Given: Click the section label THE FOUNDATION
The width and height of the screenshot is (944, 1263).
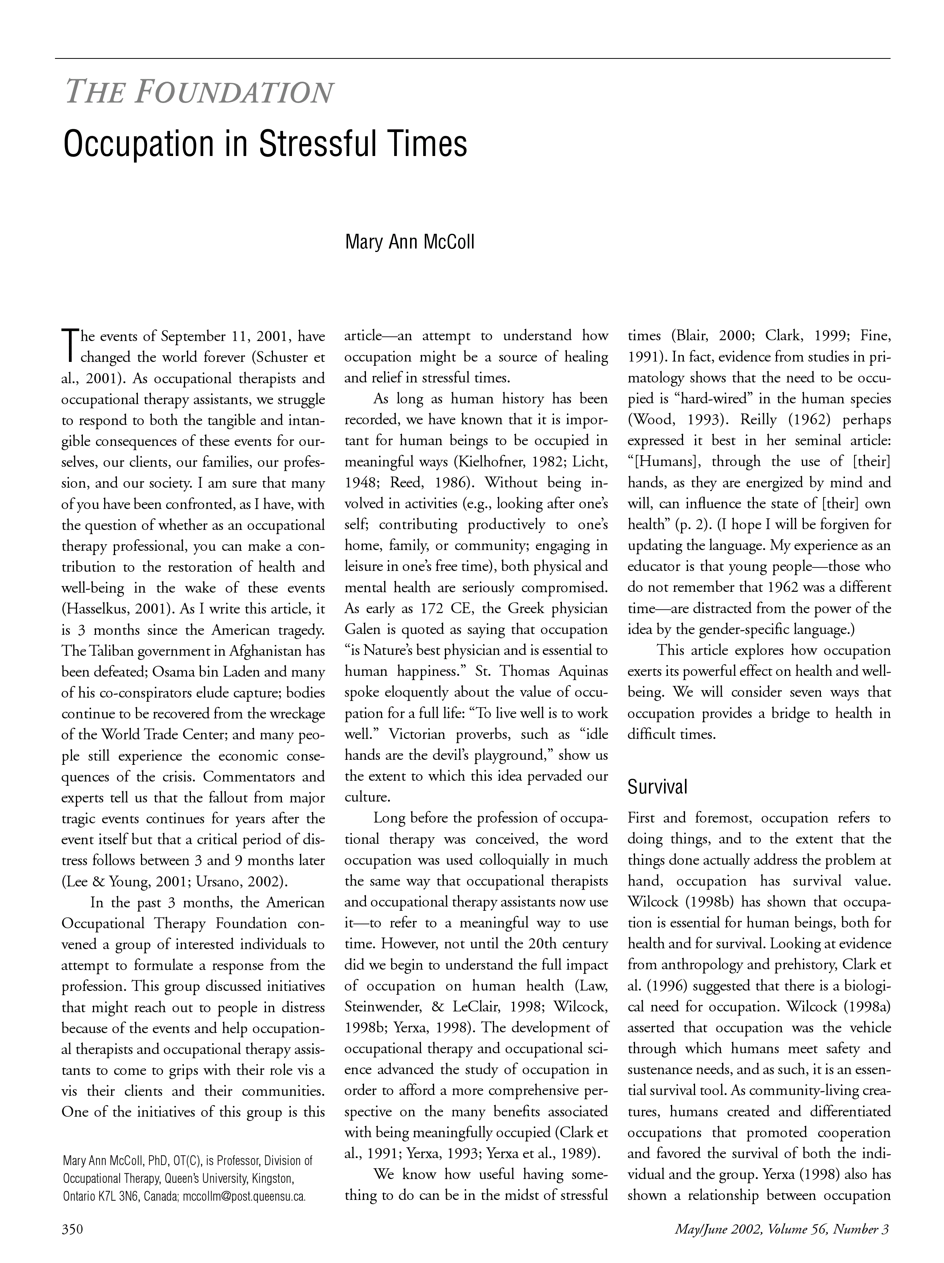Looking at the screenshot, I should click(199, 93).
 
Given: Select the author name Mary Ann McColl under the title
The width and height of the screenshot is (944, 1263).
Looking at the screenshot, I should click(409, 242).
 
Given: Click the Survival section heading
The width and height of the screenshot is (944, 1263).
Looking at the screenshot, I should click(657, 787).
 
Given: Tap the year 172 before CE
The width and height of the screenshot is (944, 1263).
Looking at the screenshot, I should click(432, 608).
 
